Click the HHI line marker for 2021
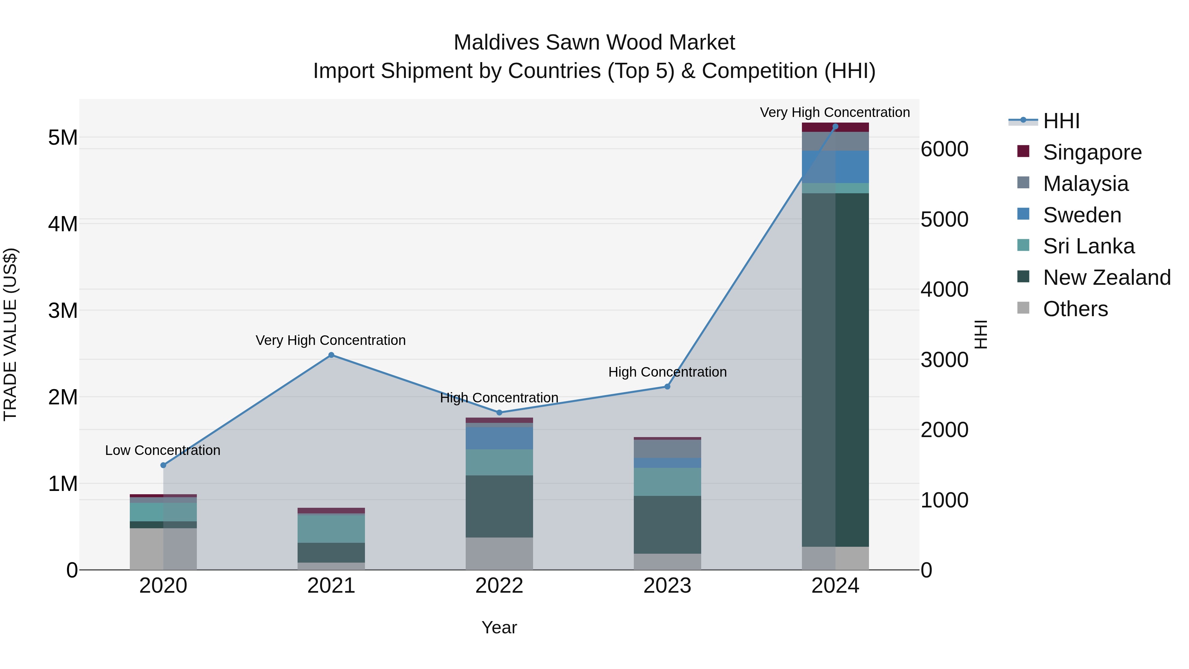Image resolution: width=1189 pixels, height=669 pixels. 331,355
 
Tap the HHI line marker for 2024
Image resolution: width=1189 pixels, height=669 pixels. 835,127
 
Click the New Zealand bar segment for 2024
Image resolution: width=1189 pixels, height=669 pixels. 835,369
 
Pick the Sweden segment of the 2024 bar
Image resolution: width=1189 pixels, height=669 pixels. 835,167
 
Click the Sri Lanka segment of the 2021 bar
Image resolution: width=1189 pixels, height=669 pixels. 331,529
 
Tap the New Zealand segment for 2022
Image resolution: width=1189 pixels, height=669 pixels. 499,506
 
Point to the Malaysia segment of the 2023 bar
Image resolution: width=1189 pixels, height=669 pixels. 667,449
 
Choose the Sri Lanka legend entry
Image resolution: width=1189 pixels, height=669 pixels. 1088,246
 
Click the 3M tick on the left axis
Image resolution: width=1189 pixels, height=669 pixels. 63,310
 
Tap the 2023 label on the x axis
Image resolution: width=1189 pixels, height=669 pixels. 667,586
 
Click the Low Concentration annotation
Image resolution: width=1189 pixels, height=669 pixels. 162,450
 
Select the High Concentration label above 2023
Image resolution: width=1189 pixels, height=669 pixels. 667,372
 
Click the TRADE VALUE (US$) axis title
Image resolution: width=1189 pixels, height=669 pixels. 10,334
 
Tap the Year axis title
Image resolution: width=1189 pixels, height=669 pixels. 499,627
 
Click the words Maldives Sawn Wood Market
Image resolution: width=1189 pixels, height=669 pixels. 594,43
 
